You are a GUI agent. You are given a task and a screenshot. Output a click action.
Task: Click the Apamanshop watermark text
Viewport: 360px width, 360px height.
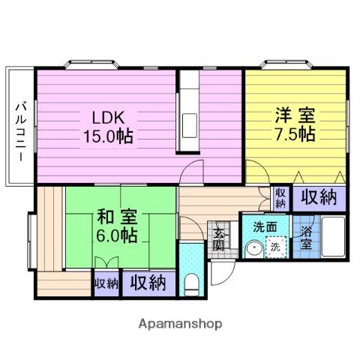pos(180,324)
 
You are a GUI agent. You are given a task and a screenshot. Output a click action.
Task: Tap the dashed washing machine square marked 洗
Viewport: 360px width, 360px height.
pos(274,246)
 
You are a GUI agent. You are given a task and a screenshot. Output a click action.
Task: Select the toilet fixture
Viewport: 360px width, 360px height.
pos(191,284)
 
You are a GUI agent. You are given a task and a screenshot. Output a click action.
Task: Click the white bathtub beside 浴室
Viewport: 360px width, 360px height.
pos(333,236)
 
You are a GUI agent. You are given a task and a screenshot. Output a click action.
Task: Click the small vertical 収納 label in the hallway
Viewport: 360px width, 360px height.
pos(280,197)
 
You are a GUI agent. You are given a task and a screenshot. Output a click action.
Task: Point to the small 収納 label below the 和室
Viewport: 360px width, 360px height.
pos(106,283)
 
